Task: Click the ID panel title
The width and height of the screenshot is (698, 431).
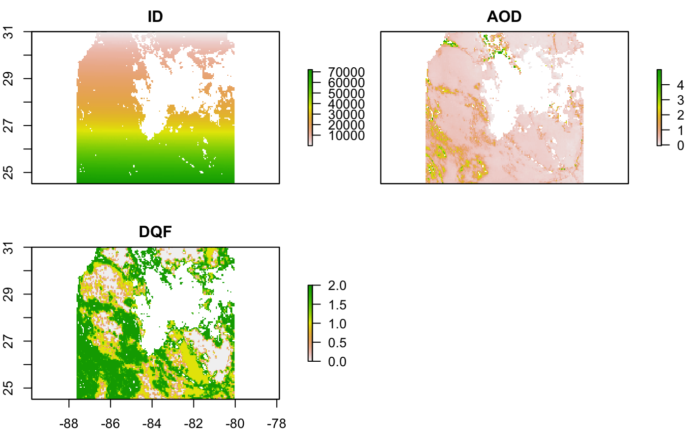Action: pos(156,16)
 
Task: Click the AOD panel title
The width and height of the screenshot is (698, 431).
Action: pos(504,16)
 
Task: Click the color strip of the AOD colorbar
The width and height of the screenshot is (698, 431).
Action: pos(659,107)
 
